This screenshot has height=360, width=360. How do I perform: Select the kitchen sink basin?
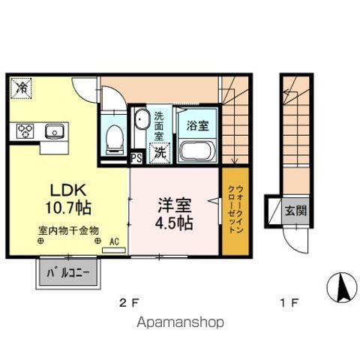[53, 132]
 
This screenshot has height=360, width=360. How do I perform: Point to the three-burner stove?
[26, 132]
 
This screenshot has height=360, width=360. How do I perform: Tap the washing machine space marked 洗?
[160, 150]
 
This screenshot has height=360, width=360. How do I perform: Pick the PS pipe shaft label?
[137, 158]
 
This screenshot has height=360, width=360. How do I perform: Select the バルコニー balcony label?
[67, 273]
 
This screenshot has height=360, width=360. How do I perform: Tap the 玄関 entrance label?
[293, 211]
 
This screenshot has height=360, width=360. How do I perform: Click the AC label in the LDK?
[115, 241]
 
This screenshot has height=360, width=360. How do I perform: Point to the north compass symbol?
[339, 286]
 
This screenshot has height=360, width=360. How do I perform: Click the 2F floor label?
[130, 303]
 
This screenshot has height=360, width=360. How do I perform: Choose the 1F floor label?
[289, 303]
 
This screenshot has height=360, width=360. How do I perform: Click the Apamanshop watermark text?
[180, 323]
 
